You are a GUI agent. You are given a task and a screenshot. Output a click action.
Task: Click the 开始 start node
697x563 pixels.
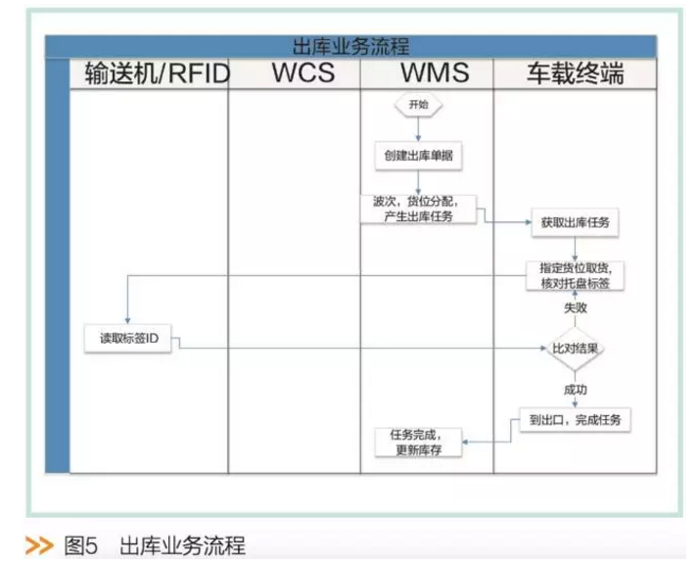coord(418,105)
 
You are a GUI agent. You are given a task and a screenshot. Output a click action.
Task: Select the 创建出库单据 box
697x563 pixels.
coord(419,155)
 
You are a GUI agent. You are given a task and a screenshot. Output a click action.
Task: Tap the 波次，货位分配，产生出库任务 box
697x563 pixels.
coord(419,209)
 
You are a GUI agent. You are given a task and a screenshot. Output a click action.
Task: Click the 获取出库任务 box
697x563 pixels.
coord(575,222)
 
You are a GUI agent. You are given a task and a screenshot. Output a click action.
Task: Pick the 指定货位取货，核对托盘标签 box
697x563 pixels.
coord(576,275)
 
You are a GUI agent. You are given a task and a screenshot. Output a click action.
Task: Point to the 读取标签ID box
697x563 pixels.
coord(129,339)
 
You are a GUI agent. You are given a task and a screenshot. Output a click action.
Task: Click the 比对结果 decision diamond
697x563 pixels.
coord(576,348)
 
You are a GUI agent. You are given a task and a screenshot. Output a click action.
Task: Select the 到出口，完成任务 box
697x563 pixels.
coord(575,420)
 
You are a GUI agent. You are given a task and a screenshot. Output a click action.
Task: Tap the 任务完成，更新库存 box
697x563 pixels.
coord(419,441)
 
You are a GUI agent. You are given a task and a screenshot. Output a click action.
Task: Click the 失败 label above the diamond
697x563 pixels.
coord(576,307)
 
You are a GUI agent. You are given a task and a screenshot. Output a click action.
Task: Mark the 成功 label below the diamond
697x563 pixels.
coord(576,389)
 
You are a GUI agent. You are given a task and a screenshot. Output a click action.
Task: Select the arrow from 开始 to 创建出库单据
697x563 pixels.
coord(419,128)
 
